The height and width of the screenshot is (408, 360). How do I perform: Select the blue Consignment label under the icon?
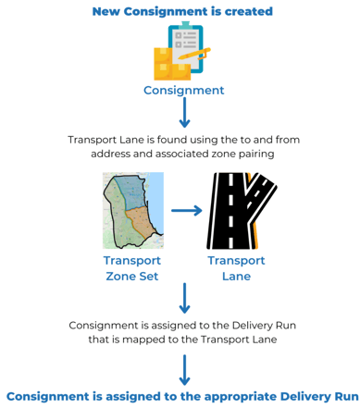183,91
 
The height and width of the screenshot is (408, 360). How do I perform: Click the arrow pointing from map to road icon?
186,210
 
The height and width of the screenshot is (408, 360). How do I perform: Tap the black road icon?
231,210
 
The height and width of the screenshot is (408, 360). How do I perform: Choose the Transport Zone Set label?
132,268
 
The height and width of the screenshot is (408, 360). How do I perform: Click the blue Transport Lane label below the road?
236,268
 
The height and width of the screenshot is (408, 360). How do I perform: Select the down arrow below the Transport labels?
184,299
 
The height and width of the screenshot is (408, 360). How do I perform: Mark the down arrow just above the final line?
184,370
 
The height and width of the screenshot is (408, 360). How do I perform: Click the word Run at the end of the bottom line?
342,395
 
